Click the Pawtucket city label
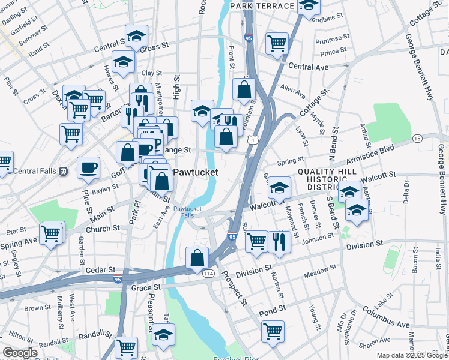click(x=195, y=172)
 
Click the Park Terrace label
click(x=270, y=6)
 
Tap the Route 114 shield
click(x=208, y=274)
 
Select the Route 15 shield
click(x=417, y=139)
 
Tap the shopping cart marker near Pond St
click(x=273, y=330)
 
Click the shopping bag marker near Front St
click(x=244, y=90)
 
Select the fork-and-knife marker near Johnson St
click(x=279, y=241)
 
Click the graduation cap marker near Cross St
click(x=137, y=35)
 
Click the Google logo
click(x=20, y=353)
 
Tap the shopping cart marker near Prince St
click(x=277, y=43)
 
